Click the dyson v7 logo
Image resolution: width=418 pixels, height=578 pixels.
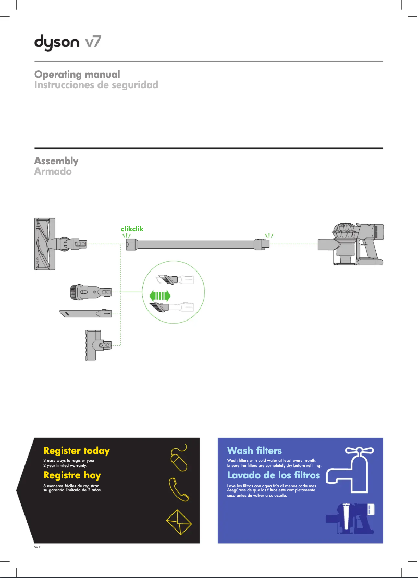(68, 42)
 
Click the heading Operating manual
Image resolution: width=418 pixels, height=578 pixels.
(77, 75)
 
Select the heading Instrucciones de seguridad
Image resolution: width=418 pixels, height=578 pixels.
(96, 85)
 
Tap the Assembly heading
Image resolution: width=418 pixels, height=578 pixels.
(56, 161)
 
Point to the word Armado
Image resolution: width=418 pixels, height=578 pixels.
(53, 171)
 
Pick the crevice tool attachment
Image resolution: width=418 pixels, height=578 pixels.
(86, 314)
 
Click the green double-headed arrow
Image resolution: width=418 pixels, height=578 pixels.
(160, 296)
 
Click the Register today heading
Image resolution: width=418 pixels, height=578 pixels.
(77, 450)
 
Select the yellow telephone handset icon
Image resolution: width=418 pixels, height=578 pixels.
(178, 488)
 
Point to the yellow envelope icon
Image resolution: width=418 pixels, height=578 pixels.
(179, 521)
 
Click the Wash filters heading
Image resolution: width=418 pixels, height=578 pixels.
(254, 450)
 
